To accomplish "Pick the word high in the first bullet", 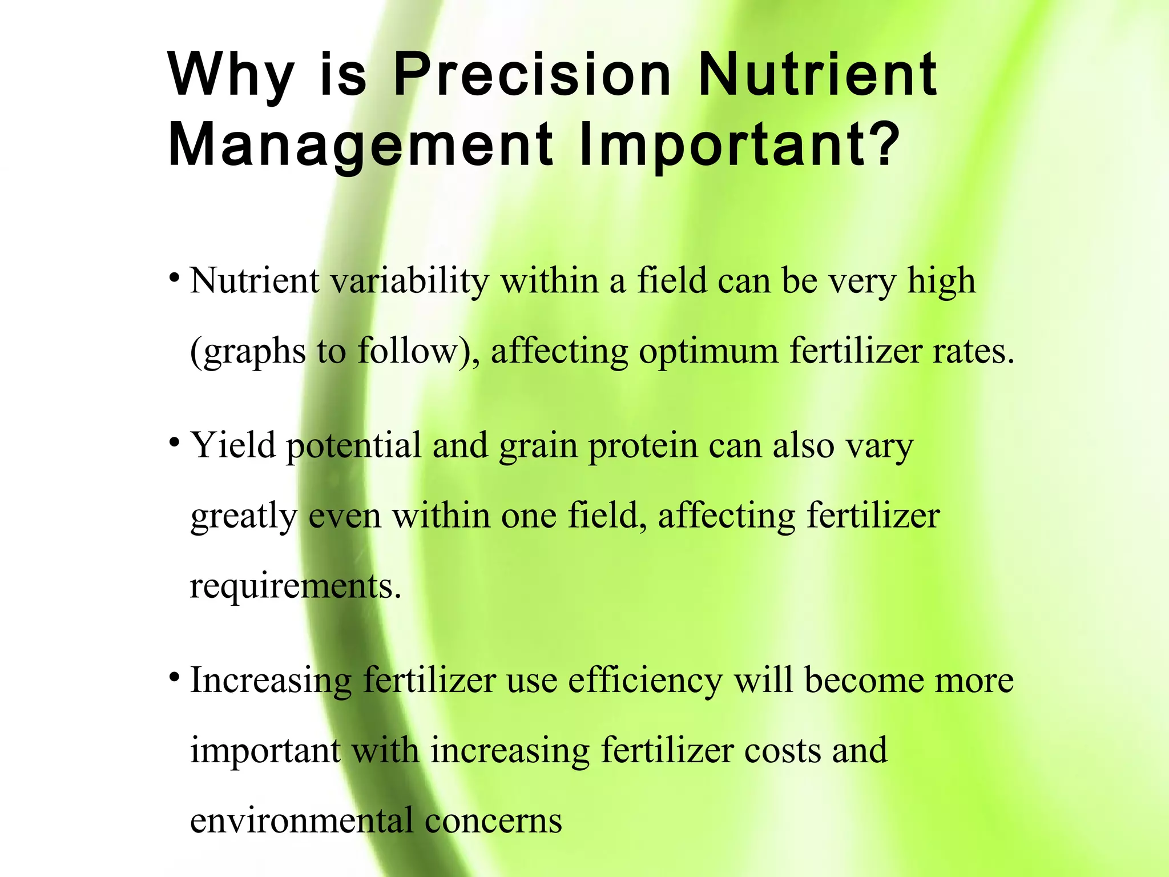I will click(941, 282).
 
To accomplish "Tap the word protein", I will click(643, 446).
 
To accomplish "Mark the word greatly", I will click(244, 517).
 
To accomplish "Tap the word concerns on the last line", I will click(493, 822).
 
